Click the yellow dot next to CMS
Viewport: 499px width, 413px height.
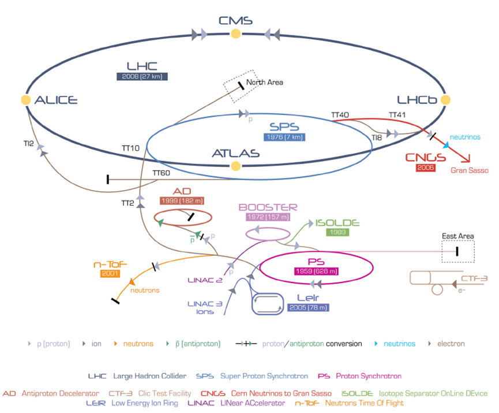[235, 34]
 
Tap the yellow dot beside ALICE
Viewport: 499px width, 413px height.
[25, 100]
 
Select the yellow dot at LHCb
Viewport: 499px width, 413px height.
[445, 100]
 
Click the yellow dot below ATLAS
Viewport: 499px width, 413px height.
[235, 167]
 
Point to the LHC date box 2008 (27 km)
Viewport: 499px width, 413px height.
[142, 76]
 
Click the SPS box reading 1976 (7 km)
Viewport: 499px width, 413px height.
[284, 137]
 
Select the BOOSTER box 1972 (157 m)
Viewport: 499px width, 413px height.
[268, 217]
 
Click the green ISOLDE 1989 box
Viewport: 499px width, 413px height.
[337, 232]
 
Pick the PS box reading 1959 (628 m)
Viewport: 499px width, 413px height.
[316, 271]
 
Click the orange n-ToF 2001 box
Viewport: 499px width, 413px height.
[110, 273]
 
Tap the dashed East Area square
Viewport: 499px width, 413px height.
[457, 251]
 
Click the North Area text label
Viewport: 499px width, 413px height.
[265, 83]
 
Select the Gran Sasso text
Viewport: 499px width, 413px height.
[469, 170]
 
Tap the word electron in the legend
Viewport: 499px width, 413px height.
[451, 344]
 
